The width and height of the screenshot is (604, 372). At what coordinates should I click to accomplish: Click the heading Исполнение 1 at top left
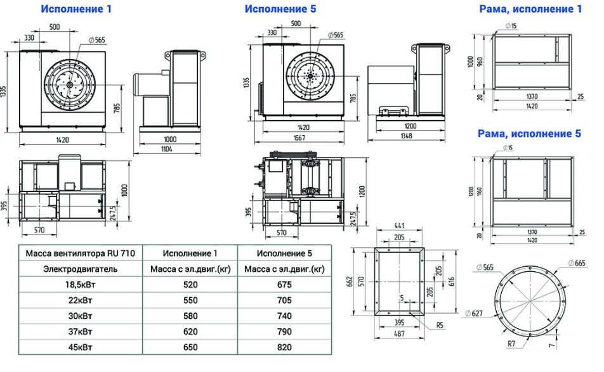pos(76,9)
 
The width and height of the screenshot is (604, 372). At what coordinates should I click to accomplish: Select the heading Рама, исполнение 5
pos(529,134)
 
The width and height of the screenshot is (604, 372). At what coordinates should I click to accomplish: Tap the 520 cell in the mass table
pos(190,285)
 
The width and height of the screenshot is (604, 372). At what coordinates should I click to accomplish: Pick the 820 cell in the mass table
pos(284,347)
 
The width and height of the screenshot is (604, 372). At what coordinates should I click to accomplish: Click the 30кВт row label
pos(80,316)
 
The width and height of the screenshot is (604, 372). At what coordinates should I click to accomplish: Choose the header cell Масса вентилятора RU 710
pos(80,253)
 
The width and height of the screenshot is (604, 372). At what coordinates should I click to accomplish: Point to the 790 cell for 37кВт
pos(284,331)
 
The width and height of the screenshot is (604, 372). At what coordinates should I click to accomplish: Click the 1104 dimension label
pos(166,150)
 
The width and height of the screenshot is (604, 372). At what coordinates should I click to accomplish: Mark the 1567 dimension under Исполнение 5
pos(299,138)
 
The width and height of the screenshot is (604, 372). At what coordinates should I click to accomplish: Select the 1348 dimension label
pos(406,136)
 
